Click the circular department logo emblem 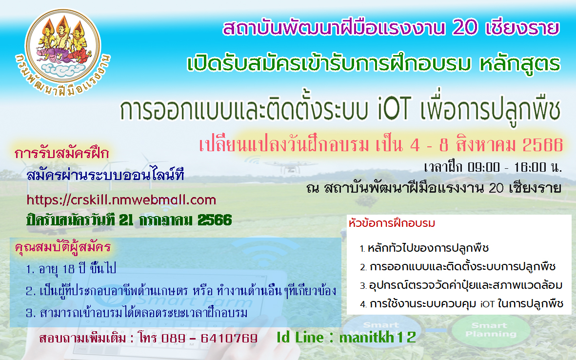click(x=63, y=53)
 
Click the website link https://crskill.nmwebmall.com click(x=121, y=200)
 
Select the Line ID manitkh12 click(x=377, y=337)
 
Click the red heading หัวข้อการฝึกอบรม click(x=392, y=223)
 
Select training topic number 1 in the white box click(x=424, y=248)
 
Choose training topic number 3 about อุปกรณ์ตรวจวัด click(x=461, y=285)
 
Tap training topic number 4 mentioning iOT click(x=461, y=304)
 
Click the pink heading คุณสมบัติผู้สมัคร click(x=63, y=247)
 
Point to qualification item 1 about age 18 click(x=71, y=269)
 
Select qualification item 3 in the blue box click(x=137, y=313)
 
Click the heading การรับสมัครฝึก click(x=62, y=153)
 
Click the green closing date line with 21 click(x=129, y=220)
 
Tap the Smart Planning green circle click(x=491, y=330)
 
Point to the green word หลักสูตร click(x=520, y=64)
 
